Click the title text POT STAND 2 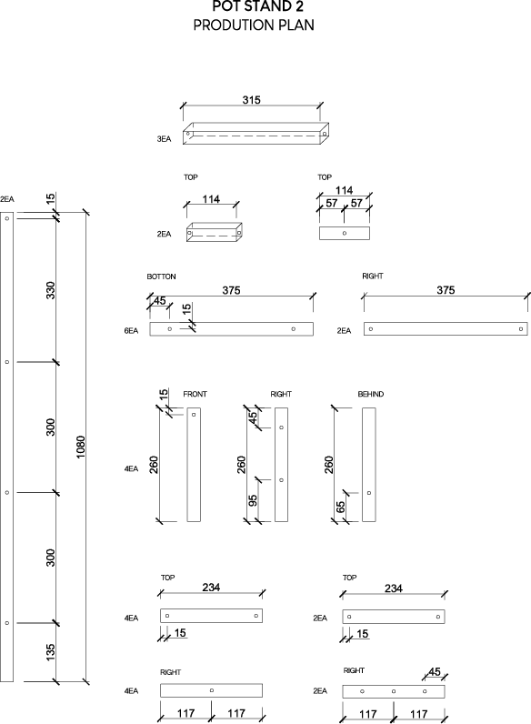pyautogui.click(x=257, y=6)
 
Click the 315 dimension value pyautogui.click(x=252, y=100)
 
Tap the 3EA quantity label pyautogui.click(x=164, y=139)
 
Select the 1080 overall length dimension pyautogui.click(x=81, y=447)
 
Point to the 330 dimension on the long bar pyautogui.click(x=50, y=290)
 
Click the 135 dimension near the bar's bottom pyautogui.click(x=50, y=651)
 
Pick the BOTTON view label pyautogui.click(x=161, y=277)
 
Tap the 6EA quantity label pyautogui.click(x=131, y=330)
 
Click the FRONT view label pyautogui.click(x=195, y=394)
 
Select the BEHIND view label pyautogui.click(x=371, y=394)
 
